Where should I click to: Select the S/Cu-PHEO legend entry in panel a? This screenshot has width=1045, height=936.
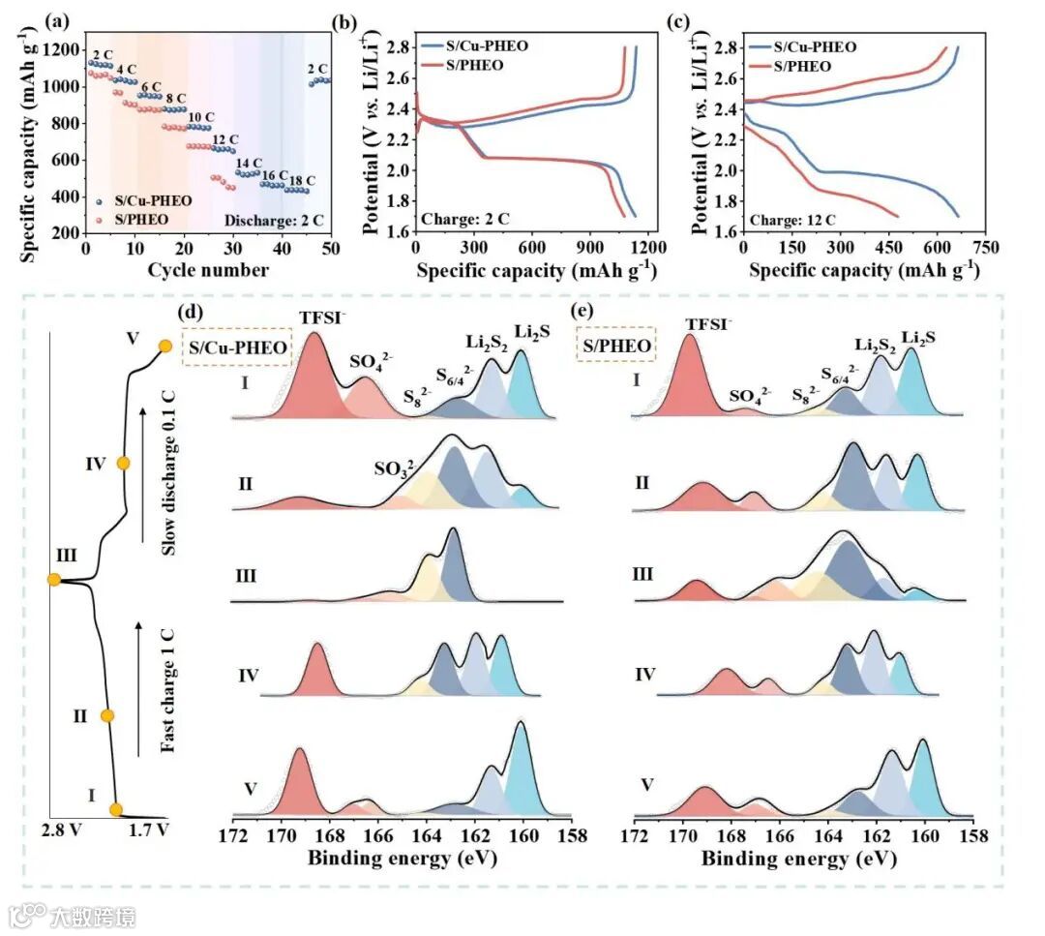click(136, 200)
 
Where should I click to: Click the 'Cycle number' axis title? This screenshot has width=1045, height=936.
click(208, 270)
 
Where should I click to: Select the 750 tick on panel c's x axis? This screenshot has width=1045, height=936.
click(985, 249)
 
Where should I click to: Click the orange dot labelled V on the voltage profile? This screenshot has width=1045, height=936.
click(165, 347)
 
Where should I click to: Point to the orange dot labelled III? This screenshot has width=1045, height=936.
click(55, 580)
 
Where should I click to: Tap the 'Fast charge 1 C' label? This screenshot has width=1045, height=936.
click(167, 690)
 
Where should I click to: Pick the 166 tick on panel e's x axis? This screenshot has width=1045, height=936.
click(780, 835)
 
